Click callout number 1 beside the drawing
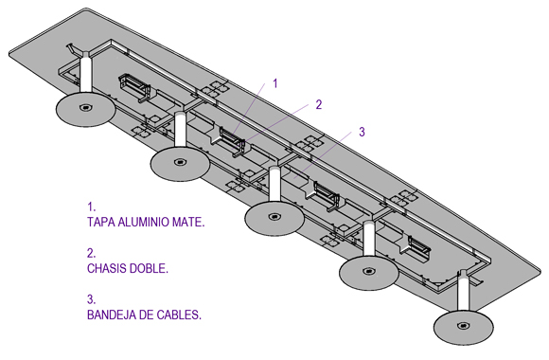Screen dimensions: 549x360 pyautogui.click(x=275, y=83)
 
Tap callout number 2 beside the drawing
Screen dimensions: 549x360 pyautogui.click(x=318, y=104)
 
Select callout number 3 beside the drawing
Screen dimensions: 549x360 pyautogui.click(x=362, y=132)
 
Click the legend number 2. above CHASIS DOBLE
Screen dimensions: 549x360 pyautogui.click(x=91, y=253)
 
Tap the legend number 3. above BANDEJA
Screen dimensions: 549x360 pyautogui.click(x=91, y=299)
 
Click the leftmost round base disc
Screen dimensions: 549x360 pyautogui.click(x=86, y=109)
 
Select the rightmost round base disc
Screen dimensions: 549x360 pyautogui.click(x=464, y=327)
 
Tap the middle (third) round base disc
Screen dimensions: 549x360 pyautogui.click(x=274, y=217)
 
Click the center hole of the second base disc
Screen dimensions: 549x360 pyautogui.click(x=180, y=162)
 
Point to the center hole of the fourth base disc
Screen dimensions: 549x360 pyautogui.click(x=369, y=271)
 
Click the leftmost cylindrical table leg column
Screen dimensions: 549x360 pyautogui.click(x=86, y=75)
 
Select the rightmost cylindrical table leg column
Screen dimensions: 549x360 pyautogui.click(x=464, y=293)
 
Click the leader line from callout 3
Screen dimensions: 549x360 pyautogui.click(x=323, y=155)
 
